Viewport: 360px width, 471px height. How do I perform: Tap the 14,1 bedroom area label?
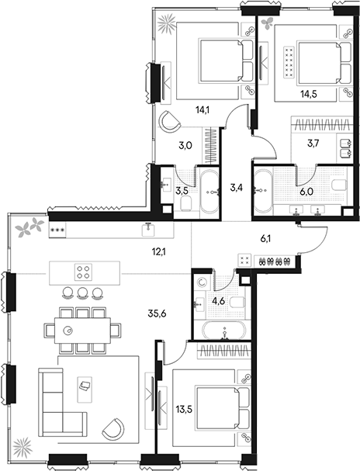click(202, 110)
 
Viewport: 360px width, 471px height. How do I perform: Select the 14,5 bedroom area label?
click(309, 94)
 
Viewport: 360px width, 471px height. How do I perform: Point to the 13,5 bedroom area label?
click(184, 409)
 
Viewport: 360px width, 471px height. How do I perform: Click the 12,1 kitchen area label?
click(159, 251)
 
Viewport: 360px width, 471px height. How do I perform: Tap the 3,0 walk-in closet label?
click(185, 146)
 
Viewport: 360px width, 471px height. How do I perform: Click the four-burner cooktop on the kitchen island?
click(84, 272)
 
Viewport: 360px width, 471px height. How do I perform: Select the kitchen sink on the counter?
click(148, 230)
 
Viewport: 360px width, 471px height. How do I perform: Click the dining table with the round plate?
click(82, 331)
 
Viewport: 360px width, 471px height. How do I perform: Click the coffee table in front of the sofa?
click(85, 390)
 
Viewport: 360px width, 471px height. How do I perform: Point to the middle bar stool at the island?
click(82, 293)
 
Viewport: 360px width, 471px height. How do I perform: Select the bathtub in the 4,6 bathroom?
click(224, 331)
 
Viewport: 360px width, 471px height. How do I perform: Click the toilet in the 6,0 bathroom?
click(339, 185)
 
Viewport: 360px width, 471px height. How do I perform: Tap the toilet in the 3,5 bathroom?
click(187, 203)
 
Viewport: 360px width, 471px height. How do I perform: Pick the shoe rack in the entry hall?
click(275, 261)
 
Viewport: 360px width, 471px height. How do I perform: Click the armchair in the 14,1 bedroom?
click(169, 120)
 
